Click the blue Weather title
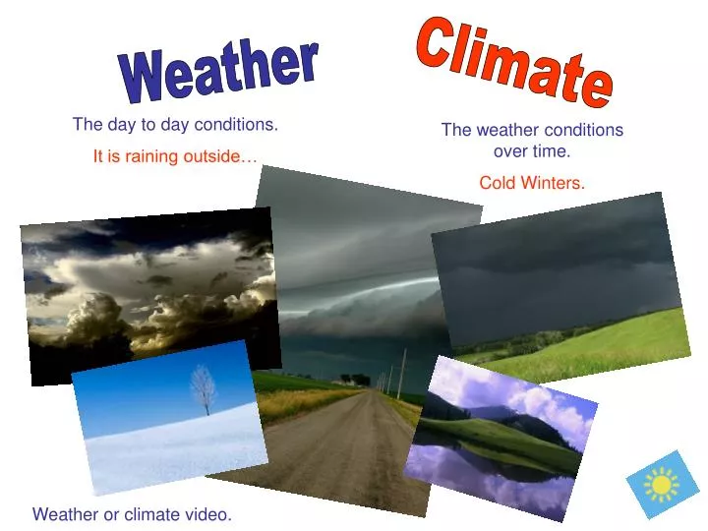[218, 71]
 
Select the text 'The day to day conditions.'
[175, 125]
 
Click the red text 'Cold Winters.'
[532, 183]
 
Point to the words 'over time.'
[532, 151]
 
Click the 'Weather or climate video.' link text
[132, 513]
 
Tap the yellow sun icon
[662, 485]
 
